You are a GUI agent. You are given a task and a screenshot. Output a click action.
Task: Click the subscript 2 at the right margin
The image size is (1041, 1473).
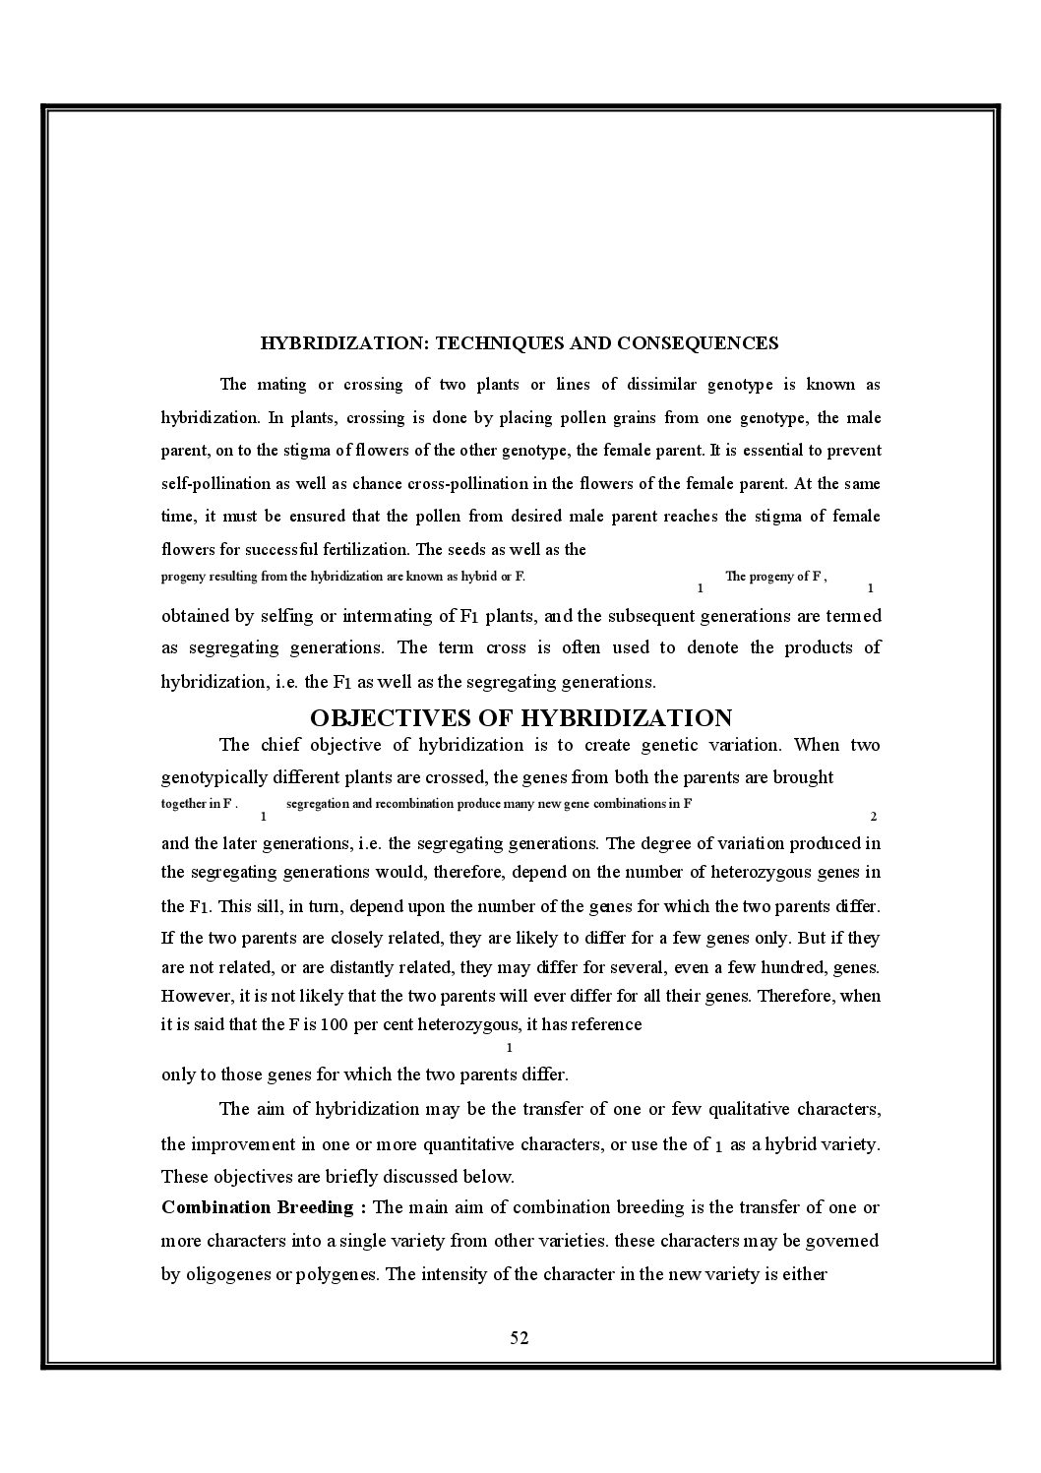pyautogui.click(x=874, y=817)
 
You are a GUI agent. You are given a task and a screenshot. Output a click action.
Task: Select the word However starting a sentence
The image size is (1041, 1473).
pyautogui.click(x=196, y=996)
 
